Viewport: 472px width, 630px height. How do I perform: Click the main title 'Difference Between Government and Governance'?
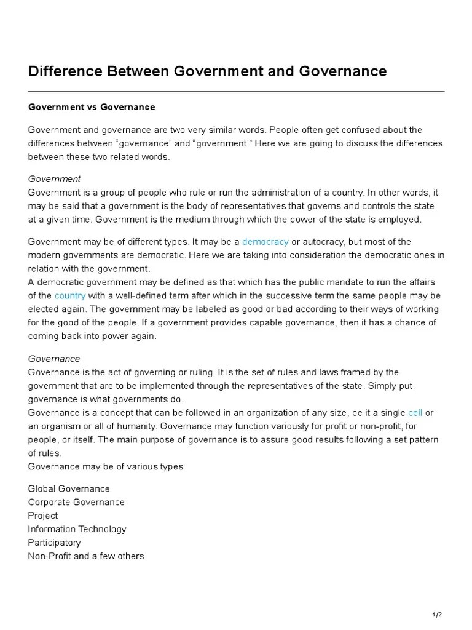point(207,71)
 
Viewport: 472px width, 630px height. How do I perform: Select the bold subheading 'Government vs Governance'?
point(92,107)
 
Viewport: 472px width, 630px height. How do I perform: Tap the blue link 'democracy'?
point(265,242)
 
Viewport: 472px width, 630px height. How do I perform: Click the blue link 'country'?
point(69,295)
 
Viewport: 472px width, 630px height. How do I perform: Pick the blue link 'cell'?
point(415,412)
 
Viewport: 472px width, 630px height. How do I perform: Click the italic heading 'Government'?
point(54,179)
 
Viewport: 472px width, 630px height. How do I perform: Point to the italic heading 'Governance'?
point(54,359)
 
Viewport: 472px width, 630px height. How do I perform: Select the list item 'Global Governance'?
point(69,489)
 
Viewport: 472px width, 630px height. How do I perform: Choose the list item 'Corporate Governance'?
point(76,503)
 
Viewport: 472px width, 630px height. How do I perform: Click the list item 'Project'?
point(43,516)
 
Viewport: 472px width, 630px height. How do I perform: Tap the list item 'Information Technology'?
point(77,529)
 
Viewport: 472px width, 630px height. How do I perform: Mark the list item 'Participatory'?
point(54,543)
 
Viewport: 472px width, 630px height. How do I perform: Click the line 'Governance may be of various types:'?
point(106,466)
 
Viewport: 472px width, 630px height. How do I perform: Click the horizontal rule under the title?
point(236,92)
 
